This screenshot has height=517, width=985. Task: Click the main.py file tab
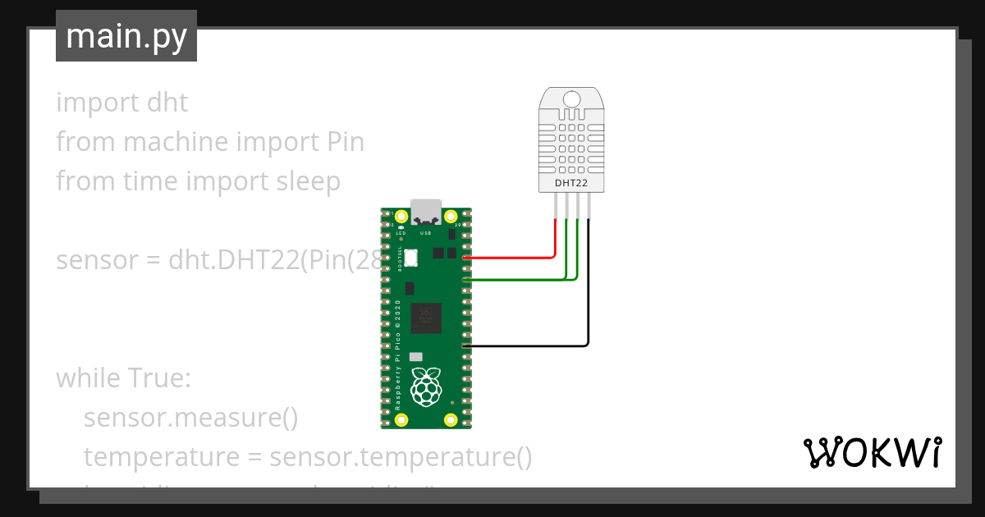pyautogui.click(x=126, y=36)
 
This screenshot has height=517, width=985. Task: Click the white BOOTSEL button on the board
pyautogui.click(x=410, y=258)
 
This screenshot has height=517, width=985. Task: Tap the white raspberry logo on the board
pyautogui.click(x=425, y=387)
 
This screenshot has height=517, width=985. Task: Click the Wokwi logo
pyautogui.click(x=872, y=453)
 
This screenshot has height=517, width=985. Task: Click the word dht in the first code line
pyautogui.click(x=167, y=103)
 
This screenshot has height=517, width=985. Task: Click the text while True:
pyautogui.click(x=123, y=379)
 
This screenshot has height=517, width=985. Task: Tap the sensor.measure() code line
pyautogui.click(x=190, y=419)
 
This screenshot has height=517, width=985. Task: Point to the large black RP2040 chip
pyautogui.click(x=426, y=318)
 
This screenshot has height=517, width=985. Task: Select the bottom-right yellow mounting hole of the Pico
pyautogui.click(x=451, y=420)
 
